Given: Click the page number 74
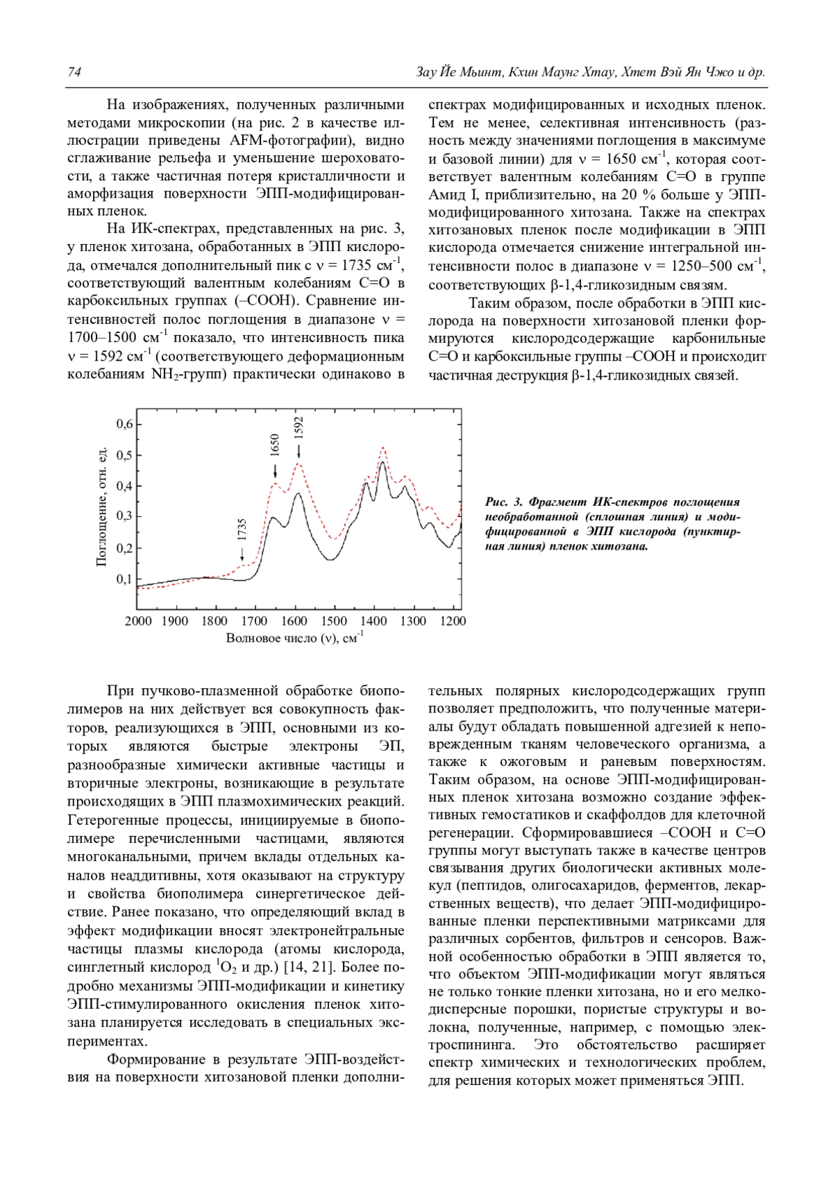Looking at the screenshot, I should (x=74, y=72).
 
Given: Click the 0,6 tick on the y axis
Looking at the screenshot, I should (x=124, y=424).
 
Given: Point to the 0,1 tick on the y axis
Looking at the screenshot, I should (x=124, y=579).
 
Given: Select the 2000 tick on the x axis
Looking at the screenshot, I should (x=138, y=620).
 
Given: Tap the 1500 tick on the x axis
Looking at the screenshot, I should (x=334, y=620).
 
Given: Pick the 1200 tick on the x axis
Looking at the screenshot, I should (x=453, y=620).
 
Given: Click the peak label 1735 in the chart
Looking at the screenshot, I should (x=242, y=531).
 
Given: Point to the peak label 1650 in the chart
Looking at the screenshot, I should (x=275, y=445).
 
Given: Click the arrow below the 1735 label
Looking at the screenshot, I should (x=242, y=554).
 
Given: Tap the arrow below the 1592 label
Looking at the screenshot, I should (x=299, y=452).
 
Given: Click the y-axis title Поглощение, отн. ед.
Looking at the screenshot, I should (x=101, y=506).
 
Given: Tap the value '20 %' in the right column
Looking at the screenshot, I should (x=630, y=195).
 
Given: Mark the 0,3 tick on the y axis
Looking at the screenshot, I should (x=124, y=516).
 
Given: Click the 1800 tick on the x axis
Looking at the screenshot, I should (x=215, y=620).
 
